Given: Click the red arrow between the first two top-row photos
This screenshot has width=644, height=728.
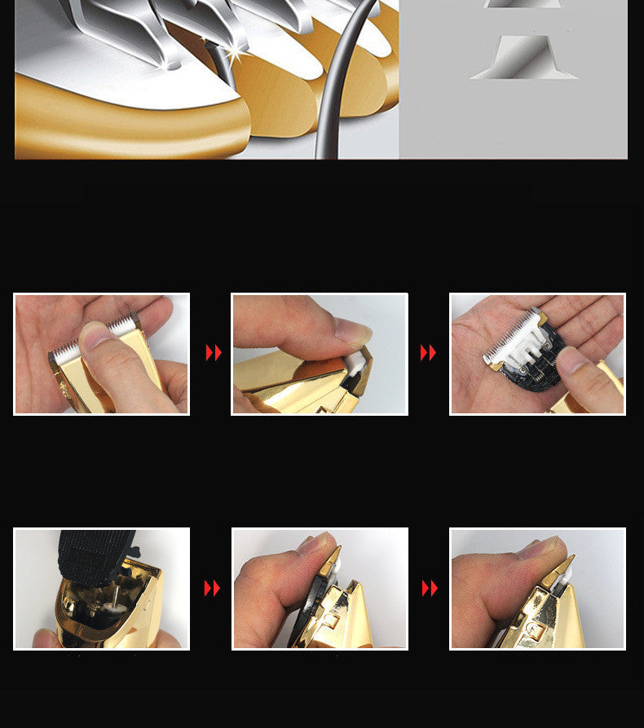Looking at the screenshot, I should click(x=214, y=352).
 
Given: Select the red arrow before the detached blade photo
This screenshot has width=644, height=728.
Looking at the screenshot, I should click(x=428, y=352).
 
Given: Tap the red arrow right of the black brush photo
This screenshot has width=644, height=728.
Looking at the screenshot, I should click(x=212, y=588).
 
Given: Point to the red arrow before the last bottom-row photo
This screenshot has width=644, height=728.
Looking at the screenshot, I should click(x=430, y=588).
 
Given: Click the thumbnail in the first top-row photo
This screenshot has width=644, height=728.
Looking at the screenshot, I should click(x=95, y=335).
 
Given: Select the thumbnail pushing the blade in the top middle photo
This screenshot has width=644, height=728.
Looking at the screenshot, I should click(x=351, y=330).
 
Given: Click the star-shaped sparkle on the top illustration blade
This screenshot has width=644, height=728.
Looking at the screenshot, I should click(x=236, y=54).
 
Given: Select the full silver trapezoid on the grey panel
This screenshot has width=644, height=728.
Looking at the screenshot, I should click(x=523, y=57).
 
